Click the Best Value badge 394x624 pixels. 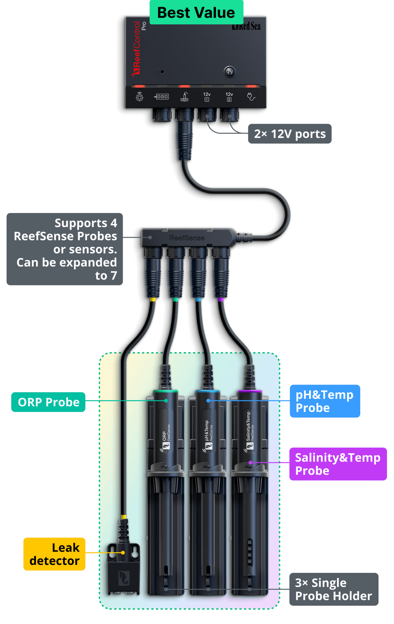tap(196, 12)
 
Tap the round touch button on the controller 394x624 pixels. tap(229, 72)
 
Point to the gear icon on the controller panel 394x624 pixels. tap(140, 97)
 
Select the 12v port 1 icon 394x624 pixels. tap(207, 97)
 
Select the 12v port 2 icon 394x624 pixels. tap(229, 97)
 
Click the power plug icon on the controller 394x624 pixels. tap(251, 97)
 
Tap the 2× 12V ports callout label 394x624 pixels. tap(290, 134)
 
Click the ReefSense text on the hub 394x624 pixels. tap(187, 238)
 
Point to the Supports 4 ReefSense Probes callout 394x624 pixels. tap(65, 249)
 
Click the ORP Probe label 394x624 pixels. tap(48, 402)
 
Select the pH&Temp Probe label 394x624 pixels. tap(325, 401)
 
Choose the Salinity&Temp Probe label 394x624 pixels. tap(338, 464)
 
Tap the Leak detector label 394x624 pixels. tap(55, 554)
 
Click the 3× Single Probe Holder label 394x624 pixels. tap(333, 589)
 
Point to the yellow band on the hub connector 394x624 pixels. tap(153, 300)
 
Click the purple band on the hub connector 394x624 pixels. tap(221, 300)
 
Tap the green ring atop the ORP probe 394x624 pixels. tap(166, 391)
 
